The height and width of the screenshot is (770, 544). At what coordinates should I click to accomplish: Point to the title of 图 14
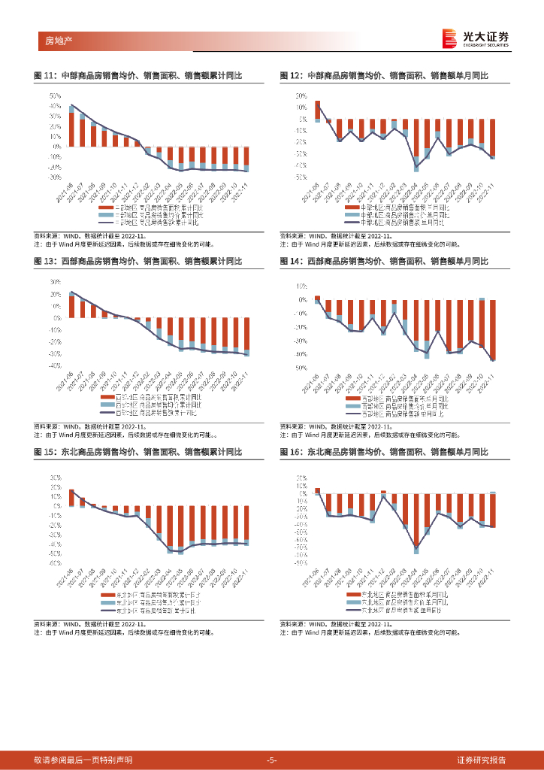[384, 261]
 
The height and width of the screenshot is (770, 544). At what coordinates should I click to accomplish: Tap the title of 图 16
[384, 452]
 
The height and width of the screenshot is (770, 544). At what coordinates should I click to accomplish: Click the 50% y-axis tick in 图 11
[55, 96]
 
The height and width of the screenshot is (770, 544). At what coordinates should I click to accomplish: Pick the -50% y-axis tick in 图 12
[301, 177]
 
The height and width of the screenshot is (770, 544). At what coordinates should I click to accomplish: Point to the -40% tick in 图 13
[53, 366]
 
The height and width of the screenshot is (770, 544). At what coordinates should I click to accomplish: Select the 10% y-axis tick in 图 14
[301, 286]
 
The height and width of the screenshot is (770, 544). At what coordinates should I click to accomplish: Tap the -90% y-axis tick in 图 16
[301, 562]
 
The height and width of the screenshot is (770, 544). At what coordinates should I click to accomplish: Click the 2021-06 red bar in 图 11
[71, 130]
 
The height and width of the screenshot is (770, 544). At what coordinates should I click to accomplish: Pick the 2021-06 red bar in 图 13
[71, 307]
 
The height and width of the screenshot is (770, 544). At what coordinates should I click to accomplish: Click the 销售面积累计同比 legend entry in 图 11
[151, 207]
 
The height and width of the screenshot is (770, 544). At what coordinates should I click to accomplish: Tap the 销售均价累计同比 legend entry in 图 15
[151, 603]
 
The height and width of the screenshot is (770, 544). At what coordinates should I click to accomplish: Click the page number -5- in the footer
[272, 760]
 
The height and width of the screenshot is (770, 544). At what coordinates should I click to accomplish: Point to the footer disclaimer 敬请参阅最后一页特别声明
[83, 760]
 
